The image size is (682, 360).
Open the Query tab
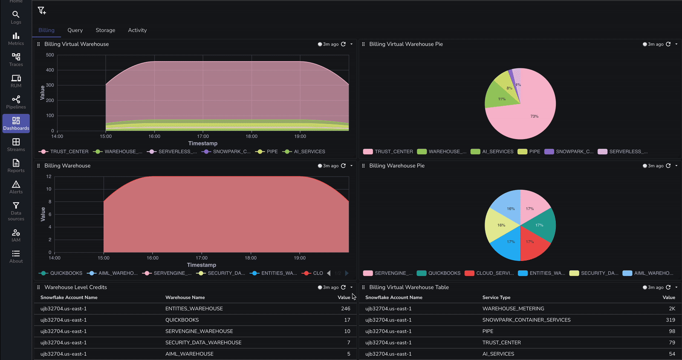click(x=75, y=30)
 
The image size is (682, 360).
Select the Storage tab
click(x=105, y=30)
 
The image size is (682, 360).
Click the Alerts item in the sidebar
click(x=16, y=187)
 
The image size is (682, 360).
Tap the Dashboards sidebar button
click(x=16, y=123)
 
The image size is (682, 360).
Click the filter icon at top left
click(x=41, y=11)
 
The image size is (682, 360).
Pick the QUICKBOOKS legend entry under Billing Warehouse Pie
click(x=444, y=273)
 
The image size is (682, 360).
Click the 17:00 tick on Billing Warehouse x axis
click(x=202, y=258)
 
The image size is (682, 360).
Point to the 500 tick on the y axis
click(x=50, y=55)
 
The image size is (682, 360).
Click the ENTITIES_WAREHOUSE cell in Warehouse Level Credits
click(x=194, y=308)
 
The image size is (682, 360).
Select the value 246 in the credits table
click(x=345, y=308)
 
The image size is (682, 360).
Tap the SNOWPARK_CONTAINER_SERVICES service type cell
click(x=526, y=320)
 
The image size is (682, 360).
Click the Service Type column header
click(x=496, y=297)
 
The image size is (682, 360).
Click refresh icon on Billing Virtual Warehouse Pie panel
click(x=668, y=44)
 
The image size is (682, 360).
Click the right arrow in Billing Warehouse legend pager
click(x=347, y=273)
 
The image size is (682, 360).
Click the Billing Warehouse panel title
click(x=67, y=165)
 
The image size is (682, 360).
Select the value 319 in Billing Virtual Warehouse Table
click(x=670, y=320)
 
